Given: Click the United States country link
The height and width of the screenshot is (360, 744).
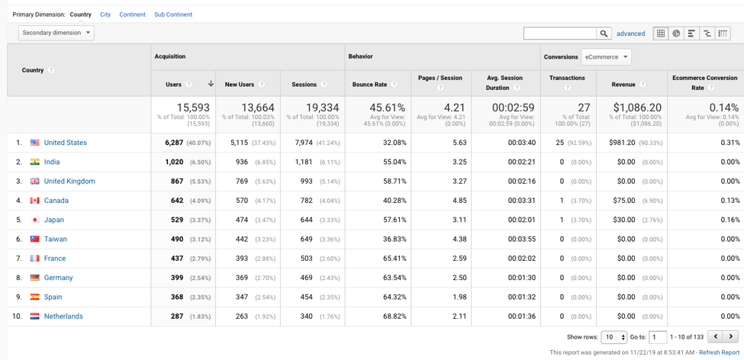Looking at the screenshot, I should click(x=65, y=143).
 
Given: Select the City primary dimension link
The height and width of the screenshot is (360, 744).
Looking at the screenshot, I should click(x=105, y=14).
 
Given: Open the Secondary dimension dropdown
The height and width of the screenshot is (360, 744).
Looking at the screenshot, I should click(x=56, y=33).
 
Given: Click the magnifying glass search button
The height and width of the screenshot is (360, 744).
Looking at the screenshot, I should click(x=604, y=34).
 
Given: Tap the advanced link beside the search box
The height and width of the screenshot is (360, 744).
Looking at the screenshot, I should click(x=630, y=34).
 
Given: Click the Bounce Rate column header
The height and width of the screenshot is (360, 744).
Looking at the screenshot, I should click(x=370, y=84).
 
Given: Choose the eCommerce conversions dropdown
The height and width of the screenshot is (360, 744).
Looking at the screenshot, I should click(x=606, y=57).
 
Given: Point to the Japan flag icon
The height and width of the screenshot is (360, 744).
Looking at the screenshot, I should click(x=35, y=220).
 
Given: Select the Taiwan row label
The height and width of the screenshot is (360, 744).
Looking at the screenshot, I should click(x=55, y=239).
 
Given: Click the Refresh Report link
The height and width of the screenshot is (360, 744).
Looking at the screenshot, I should click(x=719, y=352).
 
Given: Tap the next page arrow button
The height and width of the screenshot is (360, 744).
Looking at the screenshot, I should click(x=730, y=336).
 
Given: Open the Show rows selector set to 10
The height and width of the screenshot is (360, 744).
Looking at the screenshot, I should click(x=614, y=337).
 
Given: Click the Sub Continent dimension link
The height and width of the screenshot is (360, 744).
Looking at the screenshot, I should click(x=173, y=14).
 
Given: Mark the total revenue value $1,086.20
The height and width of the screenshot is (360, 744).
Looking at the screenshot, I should click(x=633, y=108).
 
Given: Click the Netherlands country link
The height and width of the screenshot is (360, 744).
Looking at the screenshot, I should click(x=63, y=316).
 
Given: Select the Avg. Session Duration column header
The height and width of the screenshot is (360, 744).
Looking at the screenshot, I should click(x=504, y=82).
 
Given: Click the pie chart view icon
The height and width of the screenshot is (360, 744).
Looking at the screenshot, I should click(x=676, y=34).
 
